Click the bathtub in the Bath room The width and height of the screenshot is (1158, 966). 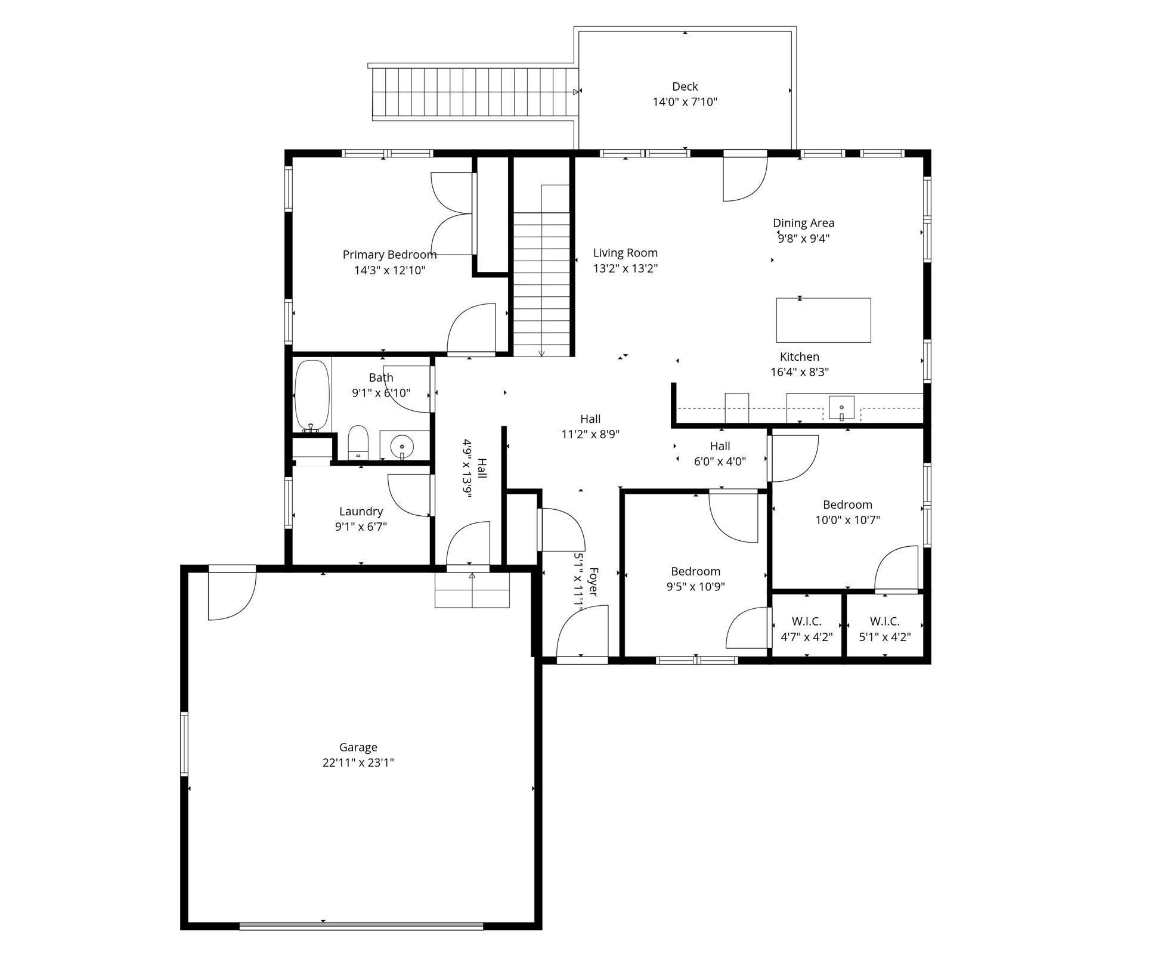point(312,395)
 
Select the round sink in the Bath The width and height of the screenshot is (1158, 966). point(402,446)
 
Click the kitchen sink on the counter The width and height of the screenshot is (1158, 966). point(841,408)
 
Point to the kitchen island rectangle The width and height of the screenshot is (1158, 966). point(823,320)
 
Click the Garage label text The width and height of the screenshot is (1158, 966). point(358,747)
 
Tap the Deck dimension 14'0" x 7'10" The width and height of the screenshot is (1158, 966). point(685,102)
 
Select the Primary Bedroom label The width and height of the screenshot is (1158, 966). point(389,255)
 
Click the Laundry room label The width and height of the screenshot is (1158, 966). point(361,511)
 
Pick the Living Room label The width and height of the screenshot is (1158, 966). point(625,253)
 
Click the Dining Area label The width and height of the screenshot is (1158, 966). point(803,223)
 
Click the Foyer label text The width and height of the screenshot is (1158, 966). point(593,581)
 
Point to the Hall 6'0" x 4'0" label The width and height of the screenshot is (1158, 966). point(720,453)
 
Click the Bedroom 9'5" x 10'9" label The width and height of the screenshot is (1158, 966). point(695,578)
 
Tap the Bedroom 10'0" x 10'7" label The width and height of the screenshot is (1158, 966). point(847,512)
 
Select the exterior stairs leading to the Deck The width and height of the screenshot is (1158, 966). point(474,93)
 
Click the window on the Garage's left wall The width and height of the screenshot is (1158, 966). point(184,744)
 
